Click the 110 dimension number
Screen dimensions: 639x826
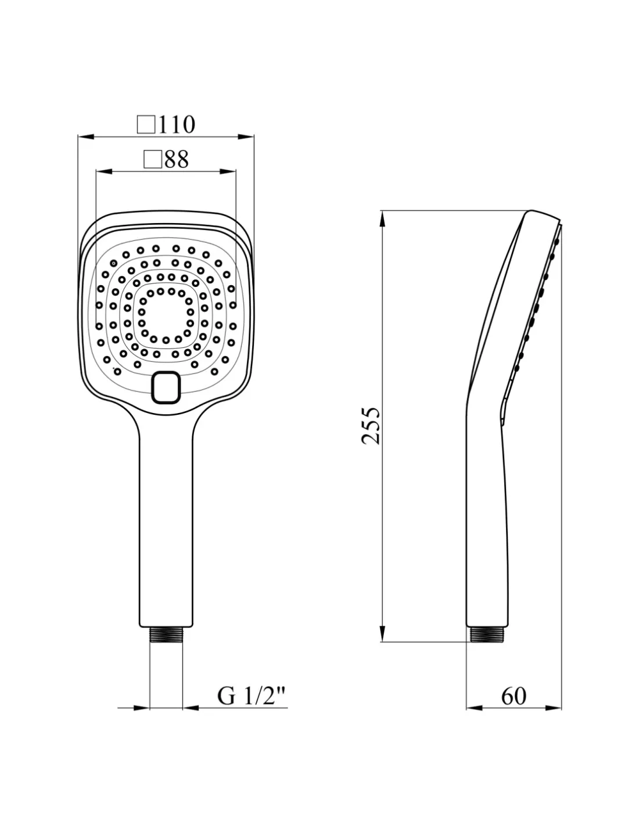(x=177, y=124)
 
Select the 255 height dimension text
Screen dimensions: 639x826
(x=370, y=426)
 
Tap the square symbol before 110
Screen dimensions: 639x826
(x=146, y=125)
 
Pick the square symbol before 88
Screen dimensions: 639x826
(x=153, y=159)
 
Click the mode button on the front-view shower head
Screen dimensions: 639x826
(x=166, y=387)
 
